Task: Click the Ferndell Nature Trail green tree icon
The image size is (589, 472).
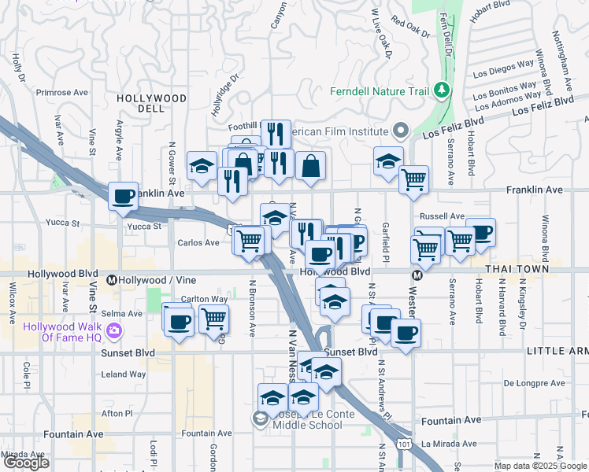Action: click(442, 91)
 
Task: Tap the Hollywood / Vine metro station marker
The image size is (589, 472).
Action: click(112, 280)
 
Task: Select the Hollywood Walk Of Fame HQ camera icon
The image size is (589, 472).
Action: click(115, 331)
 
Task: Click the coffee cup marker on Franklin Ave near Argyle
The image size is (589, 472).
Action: click(123, 197)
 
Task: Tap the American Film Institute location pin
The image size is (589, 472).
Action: click(402, 131)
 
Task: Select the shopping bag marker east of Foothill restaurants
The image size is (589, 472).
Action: click(312, 165)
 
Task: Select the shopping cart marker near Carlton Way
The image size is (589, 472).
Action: click(213, 319)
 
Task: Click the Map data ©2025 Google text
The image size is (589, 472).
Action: click(539, 466)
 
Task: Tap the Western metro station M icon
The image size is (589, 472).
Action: click(417, 275)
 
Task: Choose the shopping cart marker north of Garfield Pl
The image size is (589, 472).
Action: click(413, 180)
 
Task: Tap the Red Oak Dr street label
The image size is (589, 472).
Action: click(410, 29)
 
